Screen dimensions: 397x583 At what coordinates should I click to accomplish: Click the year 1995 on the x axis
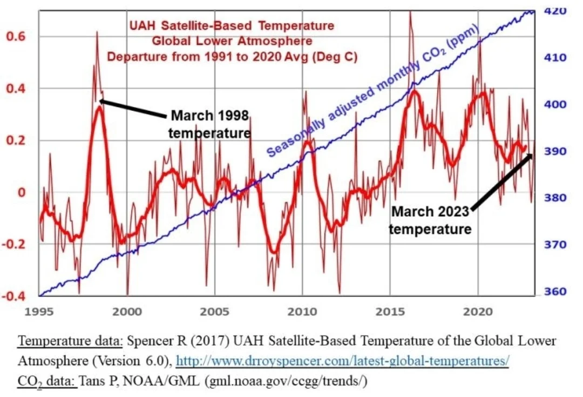click(x=40, y=312)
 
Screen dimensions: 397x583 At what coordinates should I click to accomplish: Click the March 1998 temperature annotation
click(x=209, y=124)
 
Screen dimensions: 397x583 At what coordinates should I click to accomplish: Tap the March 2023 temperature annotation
click(x=430, y=220)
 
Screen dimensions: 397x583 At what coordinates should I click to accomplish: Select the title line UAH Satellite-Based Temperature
click(x=232, y=26)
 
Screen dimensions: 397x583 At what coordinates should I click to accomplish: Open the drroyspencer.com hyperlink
click(x=343, y=361)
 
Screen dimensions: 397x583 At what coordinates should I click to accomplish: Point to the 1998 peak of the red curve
click(x=97, y=32)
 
